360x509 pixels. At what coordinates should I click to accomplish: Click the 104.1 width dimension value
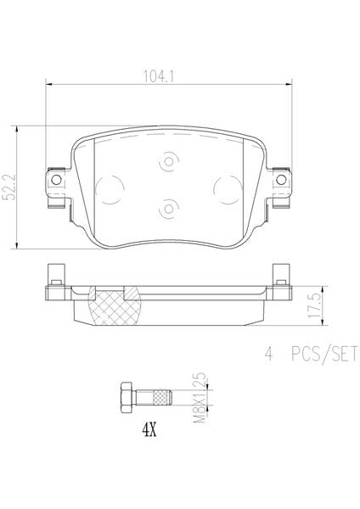pos(159,77)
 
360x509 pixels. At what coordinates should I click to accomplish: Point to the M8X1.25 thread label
pos(200,397)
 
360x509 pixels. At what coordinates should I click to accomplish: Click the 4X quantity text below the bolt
pos(149,430)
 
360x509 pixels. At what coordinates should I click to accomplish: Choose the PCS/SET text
pos(324,354)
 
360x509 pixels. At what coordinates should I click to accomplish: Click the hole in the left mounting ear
pos(56,180)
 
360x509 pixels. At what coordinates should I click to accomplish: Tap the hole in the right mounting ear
pos(281,180)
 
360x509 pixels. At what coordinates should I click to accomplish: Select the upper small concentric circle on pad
pos(169,162)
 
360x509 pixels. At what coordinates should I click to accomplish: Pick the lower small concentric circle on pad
pos(169,209)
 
